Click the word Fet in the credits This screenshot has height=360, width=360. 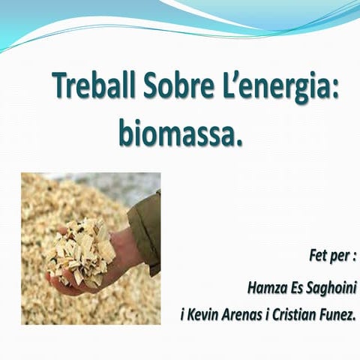coord(319,256)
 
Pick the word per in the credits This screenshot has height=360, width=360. coord(340,256)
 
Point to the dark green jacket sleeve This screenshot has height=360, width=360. coord(147,225)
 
